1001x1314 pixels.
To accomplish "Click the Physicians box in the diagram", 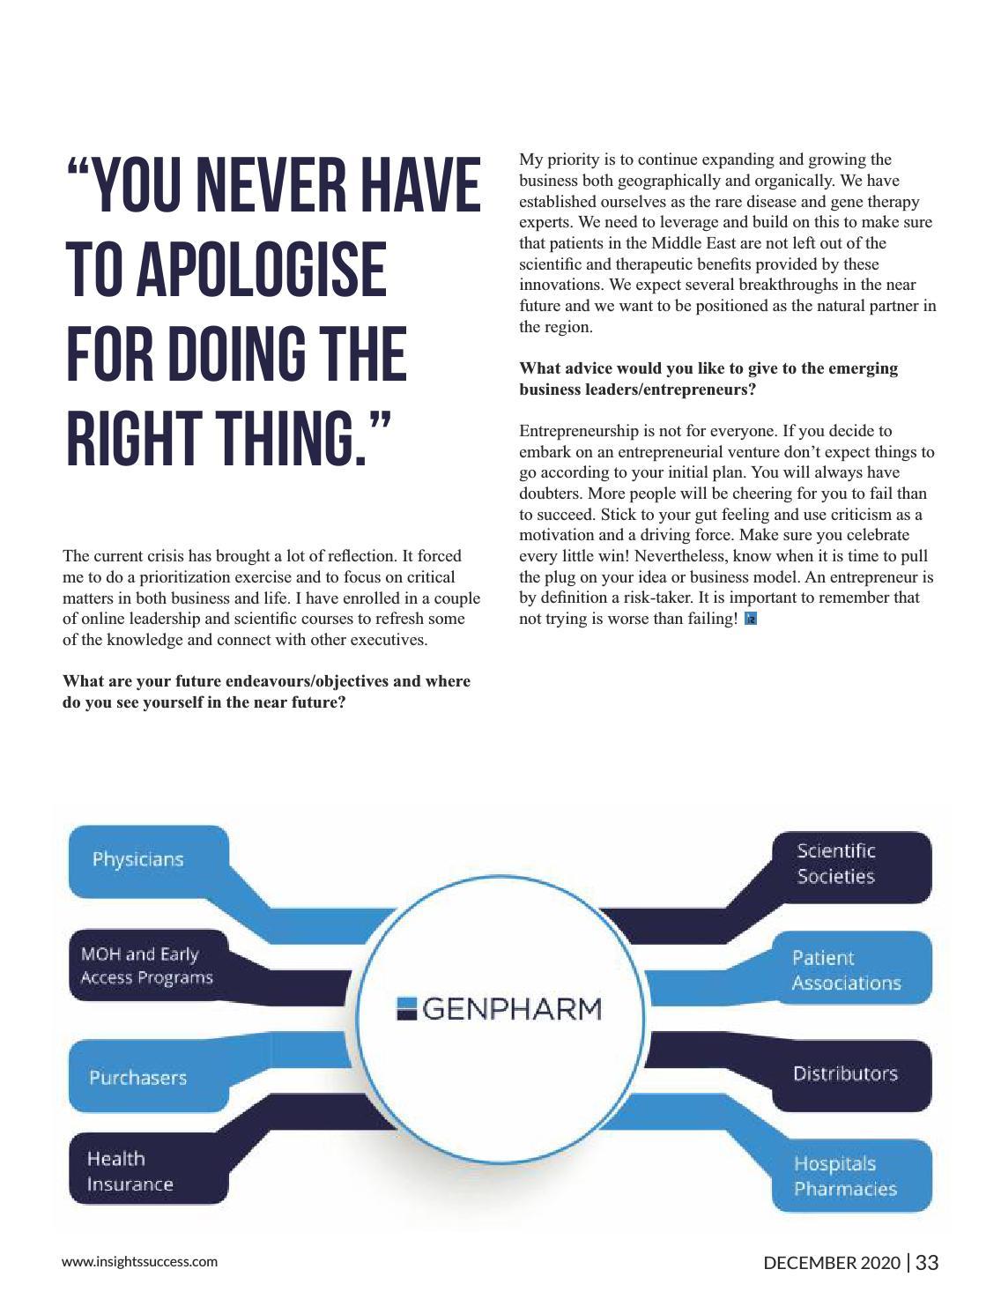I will pos(139,858).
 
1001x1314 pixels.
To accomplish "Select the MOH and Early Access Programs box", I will pos(147,966).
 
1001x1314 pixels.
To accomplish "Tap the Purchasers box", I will pos(138,1077).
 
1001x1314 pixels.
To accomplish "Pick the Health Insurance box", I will pos(130,1171).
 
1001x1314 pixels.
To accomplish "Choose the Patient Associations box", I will pos(846,970).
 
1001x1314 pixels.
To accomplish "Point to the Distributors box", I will pos(845,1073).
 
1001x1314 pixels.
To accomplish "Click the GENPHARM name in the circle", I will pos(512,1008).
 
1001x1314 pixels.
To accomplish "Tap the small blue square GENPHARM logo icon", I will pos(406,1008).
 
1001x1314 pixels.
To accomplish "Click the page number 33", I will pos(927,1263).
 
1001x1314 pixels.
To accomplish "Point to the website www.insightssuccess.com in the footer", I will pos(139,1261).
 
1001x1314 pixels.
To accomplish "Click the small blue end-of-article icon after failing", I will pos(751,619).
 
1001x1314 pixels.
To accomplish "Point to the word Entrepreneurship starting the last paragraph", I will pos(574,431).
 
